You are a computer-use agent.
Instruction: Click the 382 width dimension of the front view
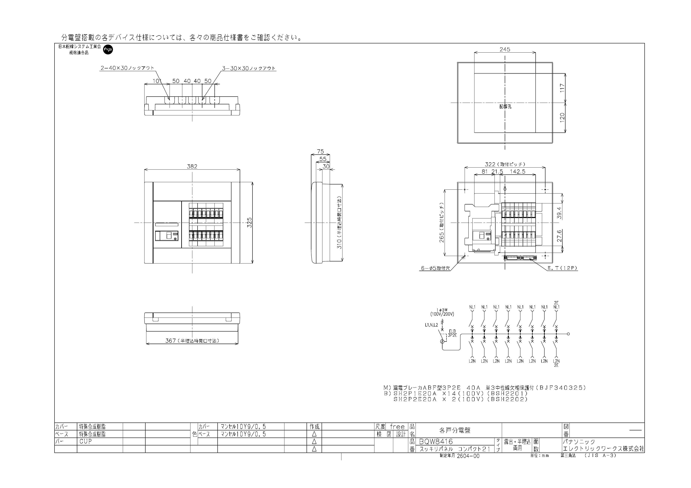pyautogui.click(x=192, y=166)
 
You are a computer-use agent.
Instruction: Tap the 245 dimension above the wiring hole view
pyautogui.click(x=505, y=49)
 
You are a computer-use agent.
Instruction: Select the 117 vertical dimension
pyautogui.click(x=562, y=88)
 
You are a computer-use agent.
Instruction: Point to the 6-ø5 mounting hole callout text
pyautogui.click(x=435, y=268)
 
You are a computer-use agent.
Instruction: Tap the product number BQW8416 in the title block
pyautogui.click(x=436, y=441)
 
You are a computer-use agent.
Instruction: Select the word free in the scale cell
pyautogui.click(x=397, y=427)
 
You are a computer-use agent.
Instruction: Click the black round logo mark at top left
pyautogui.click(x=108, y=50)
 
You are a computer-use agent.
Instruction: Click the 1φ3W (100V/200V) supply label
pyautogui.click(x=442, y=312)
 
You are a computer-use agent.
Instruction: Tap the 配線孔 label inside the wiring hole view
pyautogui.click(x=505, y=106)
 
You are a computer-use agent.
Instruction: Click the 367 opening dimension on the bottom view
pyautogui.click(x=192, y=341)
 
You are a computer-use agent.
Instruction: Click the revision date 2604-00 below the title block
pyautogui.click(x=468, y=456)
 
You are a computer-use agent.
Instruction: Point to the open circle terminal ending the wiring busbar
pyautogui.click(x=568, y=334)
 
